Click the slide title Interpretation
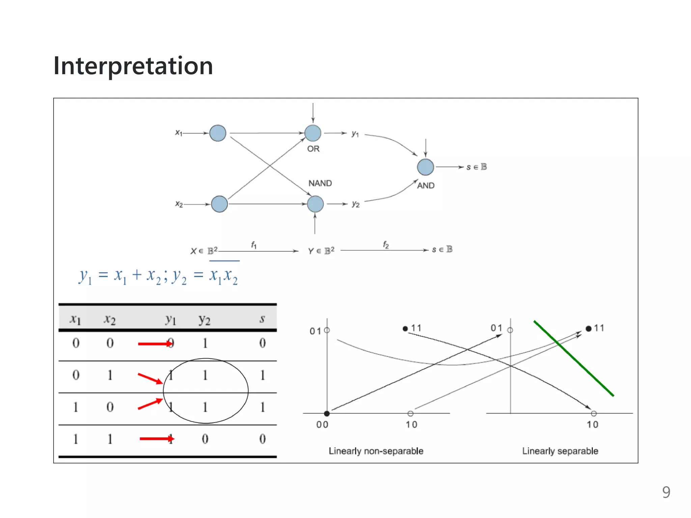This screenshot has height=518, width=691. tap(133, 66)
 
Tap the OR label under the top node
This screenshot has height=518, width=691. tap(313, 149)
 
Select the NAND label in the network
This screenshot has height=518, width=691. tap(320, 183)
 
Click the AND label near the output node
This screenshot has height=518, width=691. tap(426, 185)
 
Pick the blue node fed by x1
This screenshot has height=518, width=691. tap(218, 133)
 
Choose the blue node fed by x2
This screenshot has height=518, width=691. tap(219, 204)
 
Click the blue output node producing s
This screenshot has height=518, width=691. tap(425, 167)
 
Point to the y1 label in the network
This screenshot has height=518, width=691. tap(355, 134)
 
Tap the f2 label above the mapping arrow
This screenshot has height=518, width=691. tap(386, 245)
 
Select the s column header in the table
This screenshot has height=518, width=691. tap(262, 319)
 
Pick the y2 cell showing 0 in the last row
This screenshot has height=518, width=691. tap(205, 439)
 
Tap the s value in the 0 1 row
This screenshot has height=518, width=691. tap(262, 375)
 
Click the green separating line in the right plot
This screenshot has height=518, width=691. tap(574, 358)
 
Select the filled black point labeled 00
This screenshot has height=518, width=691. tap(327, 413)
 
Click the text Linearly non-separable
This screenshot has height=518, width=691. tap(376, 451)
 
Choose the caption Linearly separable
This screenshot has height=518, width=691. tap(560, 451)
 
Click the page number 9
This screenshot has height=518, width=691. tap(666, 492)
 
